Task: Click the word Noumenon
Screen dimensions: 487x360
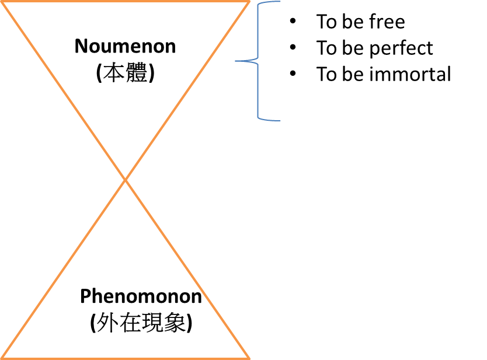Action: (x=125, y=46)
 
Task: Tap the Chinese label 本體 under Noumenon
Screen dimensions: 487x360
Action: (x=125, y=73)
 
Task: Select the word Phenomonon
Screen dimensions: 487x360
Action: (x=141, y=296)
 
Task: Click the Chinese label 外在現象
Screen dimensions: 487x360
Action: (x=141, y=323)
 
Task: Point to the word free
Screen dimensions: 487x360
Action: (x=387, y=21)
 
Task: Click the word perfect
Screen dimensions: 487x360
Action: (x=401, y=48)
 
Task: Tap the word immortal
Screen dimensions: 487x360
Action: (x=411, y=74)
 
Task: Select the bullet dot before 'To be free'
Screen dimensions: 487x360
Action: (x=293, y=21)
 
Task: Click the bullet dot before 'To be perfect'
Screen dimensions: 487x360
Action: (x=293, y=47)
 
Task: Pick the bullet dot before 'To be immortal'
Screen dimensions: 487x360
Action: (x=293, y=74)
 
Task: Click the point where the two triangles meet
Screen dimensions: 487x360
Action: (x=125, y=180)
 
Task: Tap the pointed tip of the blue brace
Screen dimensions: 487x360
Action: (x=235, y=61)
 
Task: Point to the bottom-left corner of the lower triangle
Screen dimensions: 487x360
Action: (x=2, y=358)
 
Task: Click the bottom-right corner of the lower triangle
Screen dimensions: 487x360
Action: (x=249, y=358)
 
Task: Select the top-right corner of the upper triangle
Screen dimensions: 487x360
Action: (x=249, y=2)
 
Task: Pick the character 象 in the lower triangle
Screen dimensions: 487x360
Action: (x=175, y=323)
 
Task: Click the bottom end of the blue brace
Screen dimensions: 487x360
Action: (x=280, y=120)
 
